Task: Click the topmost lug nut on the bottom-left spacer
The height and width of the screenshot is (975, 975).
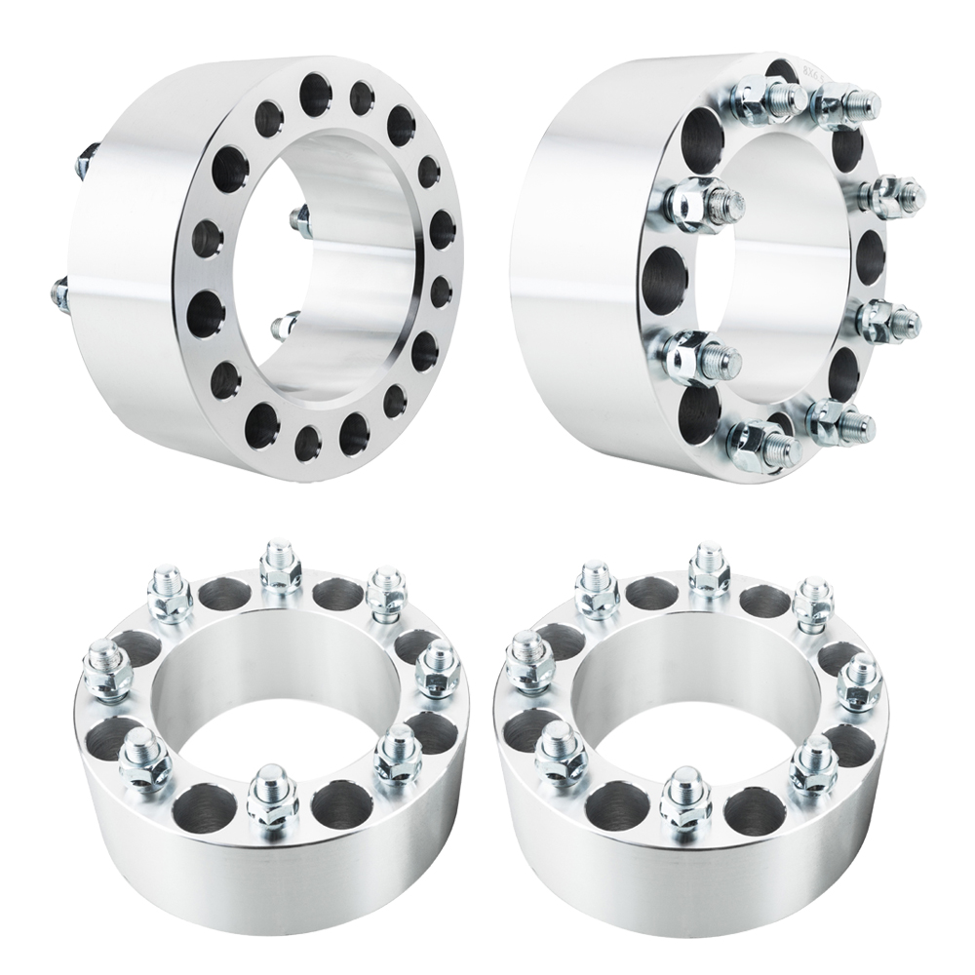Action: coord(279,565)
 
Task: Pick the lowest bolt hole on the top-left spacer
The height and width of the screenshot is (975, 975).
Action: coord(308,443)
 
